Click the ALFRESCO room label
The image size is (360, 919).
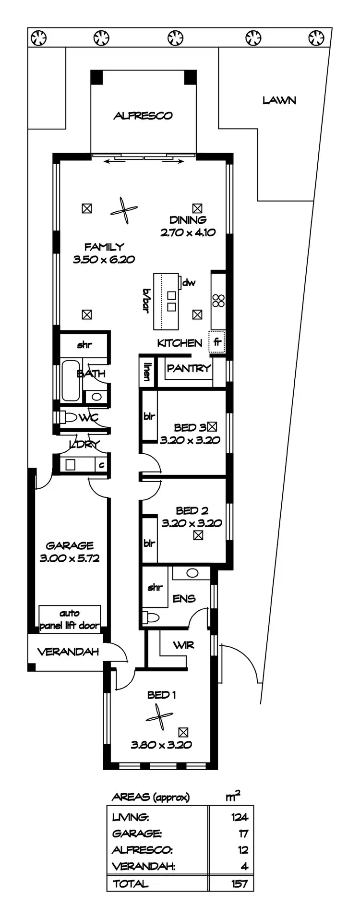click(x=143, y=116)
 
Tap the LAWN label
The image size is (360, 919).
click(x=279, y=100)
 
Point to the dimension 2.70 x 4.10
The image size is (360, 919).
click(x=188, y=232)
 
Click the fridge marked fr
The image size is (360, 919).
click(x=217, y=343)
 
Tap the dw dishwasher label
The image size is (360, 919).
click(x=189, y=283)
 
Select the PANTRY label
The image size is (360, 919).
click(x=189, y=368)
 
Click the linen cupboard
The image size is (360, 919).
click(x=146, y=371)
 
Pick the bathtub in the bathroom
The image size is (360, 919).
click(x=71, y=380)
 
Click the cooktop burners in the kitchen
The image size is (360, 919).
click(x=218, y=301)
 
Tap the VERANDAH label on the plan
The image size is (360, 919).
click(x=68, y=652)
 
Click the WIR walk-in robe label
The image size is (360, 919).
click(x=184, y=645)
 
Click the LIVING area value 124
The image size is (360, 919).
click(x=239, y=817)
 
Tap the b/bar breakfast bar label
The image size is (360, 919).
click(x=144, y=301)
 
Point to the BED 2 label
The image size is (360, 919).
click(x=192, y=510)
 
